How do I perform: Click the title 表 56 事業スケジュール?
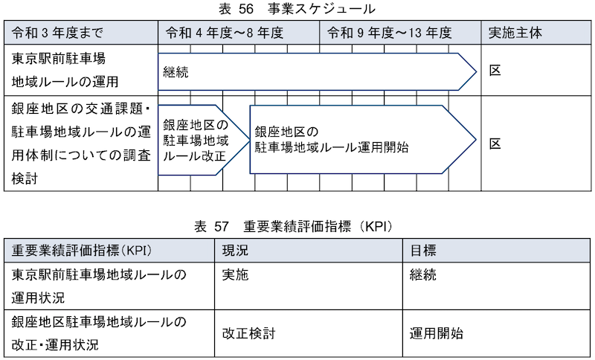297,9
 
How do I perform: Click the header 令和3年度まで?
57,33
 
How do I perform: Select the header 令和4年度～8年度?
225,33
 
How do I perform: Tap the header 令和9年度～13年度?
390,33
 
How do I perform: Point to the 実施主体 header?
515,33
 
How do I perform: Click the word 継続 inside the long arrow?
176,72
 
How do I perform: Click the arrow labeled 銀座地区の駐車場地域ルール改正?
203,140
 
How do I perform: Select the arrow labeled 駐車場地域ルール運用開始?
363,140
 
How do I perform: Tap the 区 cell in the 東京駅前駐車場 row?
495,71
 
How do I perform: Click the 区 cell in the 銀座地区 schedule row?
495,144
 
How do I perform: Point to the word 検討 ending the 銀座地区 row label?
25,179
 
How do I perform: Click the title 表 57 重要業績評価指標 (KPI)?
293,227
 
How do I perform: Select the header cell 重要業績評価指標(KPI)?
82,251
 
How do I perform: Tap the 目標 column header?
423,251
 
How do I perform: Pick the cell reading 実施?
235,274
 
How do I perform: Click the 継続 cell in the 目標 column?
423,274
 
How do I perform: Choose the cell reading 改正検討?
248,333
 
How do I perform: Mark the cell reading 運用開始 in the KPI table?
437,333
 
